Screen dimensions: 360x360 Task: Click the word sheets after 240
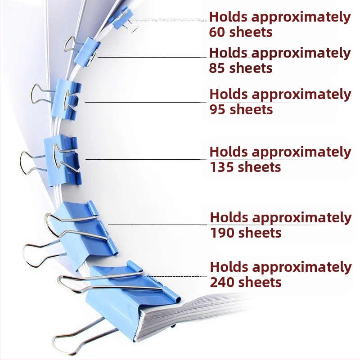click(261, 283)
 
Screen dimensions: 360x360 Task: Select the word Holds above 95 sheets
click(229, 94)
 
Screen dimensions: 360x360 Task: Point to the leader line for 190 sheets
click(157, 224)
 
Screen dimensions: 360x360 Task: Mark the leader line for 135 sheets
click(144, 159)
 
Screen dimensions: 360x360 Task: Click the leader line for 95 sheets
click(144, 102)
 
